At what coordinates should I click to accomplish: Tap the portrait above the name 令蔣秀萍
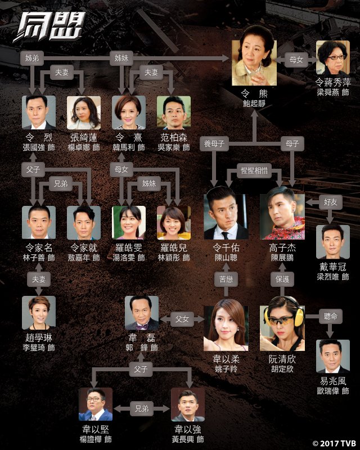click(x=333, y=57)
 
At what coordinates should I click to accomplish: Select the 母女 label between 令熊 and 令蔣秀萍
click(x=296, y=60)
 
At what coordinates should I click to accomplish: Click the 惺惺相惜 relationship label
click(x=254, y=171)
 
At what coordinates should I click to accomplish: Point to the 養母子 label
click(x=214, y=143)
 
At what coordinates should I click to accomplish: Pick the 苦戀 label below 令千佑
click(x=226, y=279)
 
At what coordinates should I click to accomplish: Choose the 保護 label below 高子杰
click(x=282, y=279)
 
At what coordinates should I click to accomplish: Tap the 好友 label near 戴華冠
click(x=330, y=202)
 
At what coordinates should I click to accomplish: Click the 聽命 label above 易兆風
click(x=330, y=316)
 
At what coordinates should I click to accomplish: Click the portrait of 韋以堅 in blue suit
click(x=96, y=404)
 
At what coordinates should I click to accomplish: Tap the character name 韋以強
click(x=188, y=429)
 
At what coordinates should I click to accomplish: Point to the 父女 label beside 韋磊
click(x=182, y=319)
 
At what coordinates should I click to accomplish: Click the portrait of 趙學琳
click(x=39, y=313)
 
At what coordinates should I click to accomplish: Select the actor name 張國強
click(x=34, y=147)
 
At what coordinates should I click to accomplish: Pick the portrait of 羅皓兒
click(x=174, y=223)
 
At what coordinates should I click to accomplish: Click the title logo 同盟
click(x=49, y=26)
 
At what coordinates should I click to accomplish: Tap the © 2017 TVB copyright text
click(x=334, y=443)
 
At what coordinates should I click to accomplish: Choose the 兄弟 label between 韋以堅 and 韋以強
click(x=142, y=408)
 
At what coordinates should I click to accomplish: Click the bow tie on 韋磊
click(x=142, y=325)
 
